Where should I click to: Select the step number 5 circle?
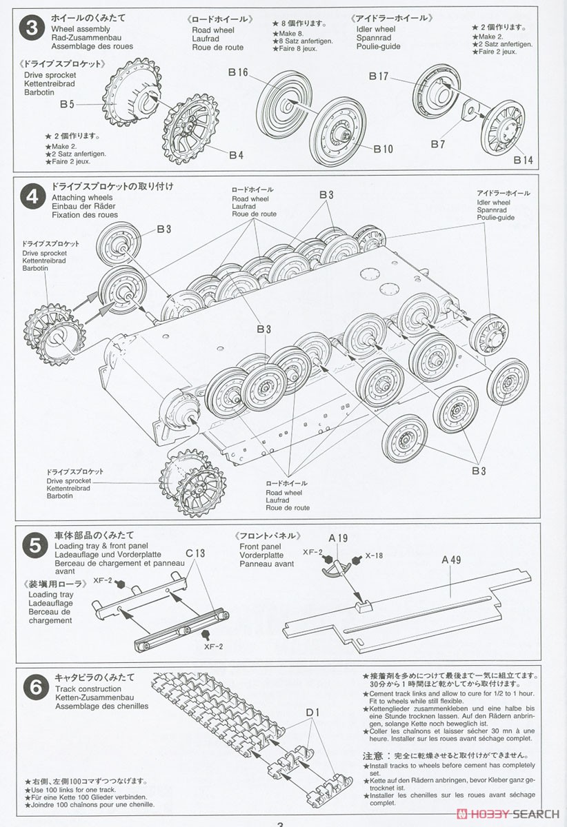[33, 546]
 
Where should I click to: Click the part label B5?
[67, 105]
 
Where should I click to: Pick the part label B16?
[238, 71]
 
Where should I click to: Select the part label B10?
[383, 148]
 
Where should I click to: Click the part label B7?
[438, 144]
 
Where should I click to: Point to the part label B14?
[524, 160]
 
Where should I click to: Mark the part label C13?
[196, 553]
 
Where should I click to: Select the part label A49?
[450, 560]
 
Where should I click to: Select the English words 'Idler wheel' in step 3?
[376, 30]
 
